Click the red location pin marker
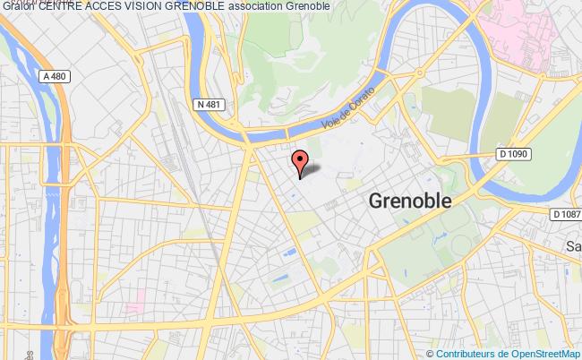click(x=300, y=161)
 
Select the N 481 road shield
click(x=208, y=104)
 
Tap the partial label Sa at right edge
click(x=573, y=246)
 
